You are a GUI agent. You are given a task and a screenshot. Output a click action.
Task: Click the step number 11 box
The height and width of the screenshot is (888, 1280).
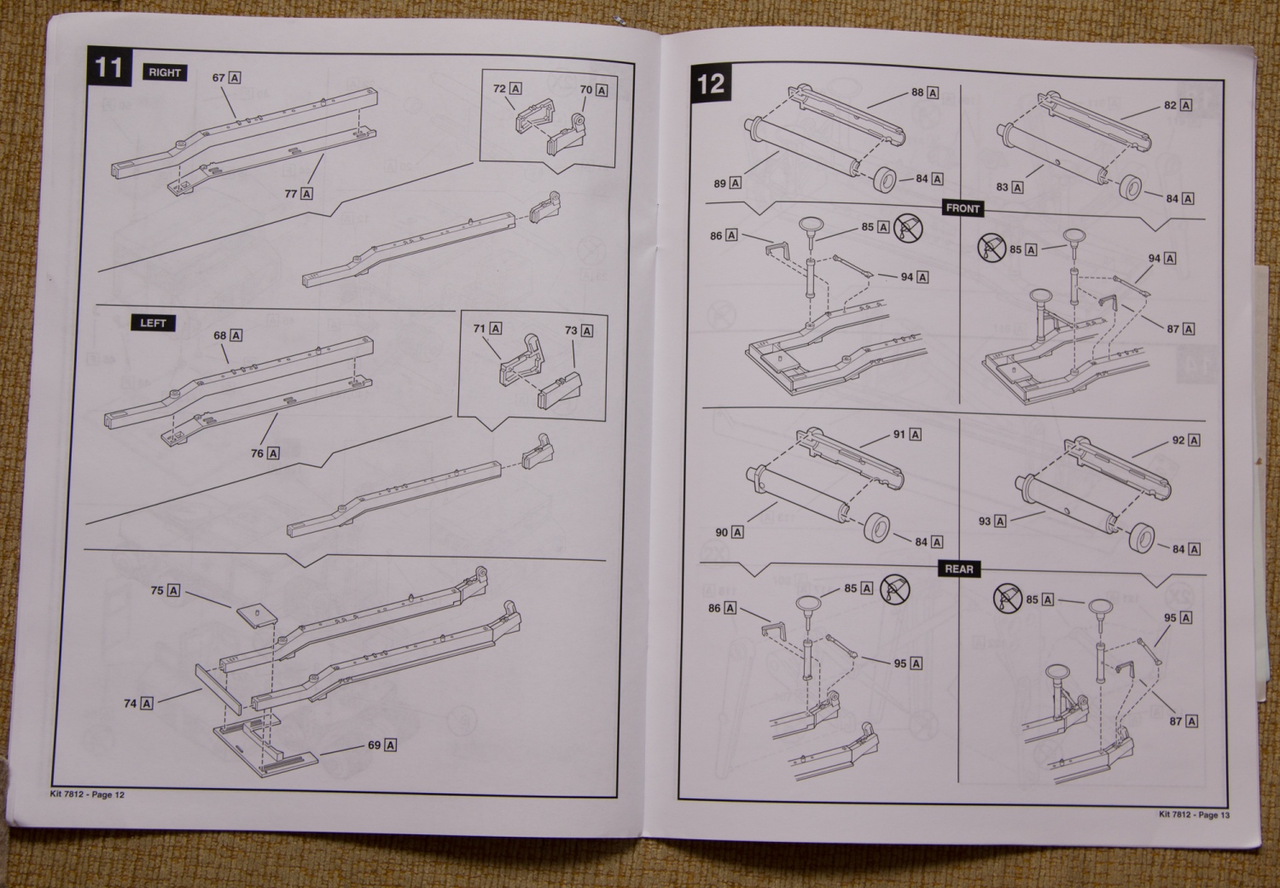coord(108,67)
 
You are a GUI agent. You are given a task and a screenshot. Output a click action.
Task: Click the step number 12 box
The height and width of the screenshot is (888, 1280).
coord(710,83)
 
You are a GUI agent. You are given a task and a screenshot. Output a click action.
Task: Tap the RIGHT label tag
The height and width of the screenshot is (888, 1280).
coord(165,73)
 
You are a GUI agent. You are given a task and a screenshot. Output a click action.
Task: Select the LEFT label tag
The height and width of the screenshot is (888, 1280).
coord(153,323)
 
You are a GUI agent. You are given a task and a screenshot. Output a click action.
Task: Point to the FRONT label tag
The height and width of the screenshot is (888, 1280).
coord(963,208)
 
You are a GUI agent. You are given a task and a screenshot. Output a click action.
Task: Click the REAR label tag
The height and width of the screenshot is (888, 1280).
coord(959,569)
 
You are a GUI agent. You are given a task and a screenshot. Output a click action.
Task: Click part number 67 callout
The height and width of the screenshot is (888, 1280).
coord(226,78)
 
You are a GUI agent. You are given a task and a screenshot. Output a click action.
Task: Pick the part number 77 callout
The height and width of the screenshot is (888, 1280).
coord(298,194)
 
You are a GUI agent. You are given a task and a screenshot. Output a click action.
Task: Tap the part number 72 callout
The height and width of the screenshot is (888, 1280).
coord(507,89)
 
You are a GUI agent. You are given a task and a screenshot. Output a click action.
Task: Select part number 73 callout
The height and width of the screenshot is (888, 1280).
coord(578,330)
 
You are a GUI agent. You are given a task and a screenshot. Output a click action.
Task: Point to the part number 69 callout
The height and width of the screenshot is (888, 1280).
coord(382,745)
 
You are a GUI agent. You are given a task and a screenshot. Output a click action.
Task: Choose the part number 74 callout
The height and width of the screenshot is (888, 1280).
coord(138,703)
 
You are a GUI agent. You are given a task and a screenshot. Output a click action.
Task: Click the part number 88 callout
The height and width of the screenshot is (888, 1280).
coord(925,92)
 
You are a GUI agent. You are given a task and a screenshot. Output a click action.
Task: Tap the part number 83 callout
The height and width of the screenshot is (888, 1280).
coord(1009,187)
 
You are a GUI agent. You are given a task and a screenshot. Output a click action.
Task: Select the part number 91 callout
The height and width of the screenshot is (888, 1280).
coord(907,435)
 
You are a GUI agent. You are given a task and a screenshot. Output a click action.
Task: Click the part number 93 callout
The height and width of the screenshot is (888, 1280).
coord(992,521)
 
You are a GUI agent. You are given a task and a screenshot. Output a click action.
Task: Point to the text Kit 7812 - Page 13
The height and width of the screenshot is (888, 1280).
coord(1194,815)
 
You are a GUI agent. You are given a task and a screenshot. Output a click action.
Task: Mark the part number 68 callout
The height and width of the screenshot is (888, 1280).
coord(228,336)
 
